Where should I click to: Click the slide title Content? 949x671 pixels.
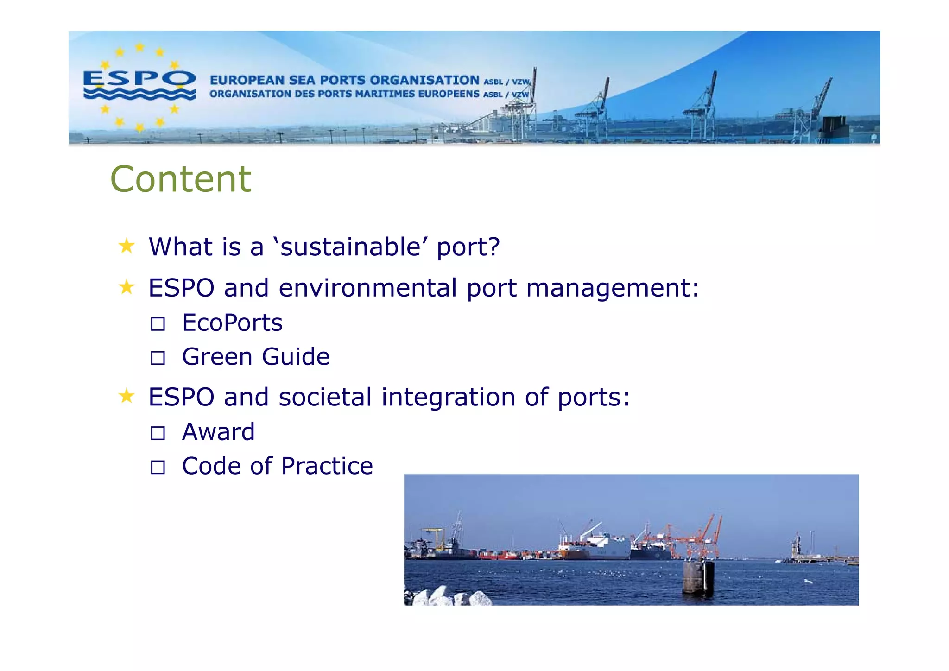pyautogui.click(x=181, y=179)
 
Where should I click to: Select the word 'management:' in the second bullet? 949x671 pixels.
pyautogui.click(x=613, y=288)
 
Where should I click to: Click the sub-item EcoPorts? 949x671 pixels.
pyautogui.click(x=232, y=323)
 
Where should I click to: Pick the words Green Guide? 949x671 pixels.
pyautogui.click(x=256, y=357)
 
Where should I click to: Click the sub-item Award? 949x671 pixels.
pyautogui.click(x=218, y=432)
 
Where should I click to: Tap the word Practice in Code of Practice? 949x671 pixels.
pyautogui.click(x=327, y=466)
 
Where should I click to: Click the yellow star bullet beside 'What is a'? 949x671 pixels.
pyautogui.click(x=127, y=246)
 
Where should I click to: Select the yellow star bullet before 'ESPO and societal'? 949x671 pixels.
pyautogui.click(x=127, y=396)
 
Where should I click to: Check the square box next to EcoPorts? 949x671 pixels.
pyautogui.click(x=158, y=324)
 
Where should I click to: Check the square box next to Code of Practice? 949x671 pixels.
pyautogui.click(x=158, y=467)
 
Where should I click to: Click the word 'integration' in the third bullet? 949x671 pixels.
pyautogui.click(x=448, y=397)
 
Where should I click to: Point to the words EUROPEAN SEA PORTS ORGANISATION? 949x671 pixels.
pyautogui.click(x=344, y=80)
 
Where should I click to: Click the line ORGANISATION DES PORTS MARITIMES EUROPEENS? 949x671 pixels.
pyautogui.click(x=344, y=94)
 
